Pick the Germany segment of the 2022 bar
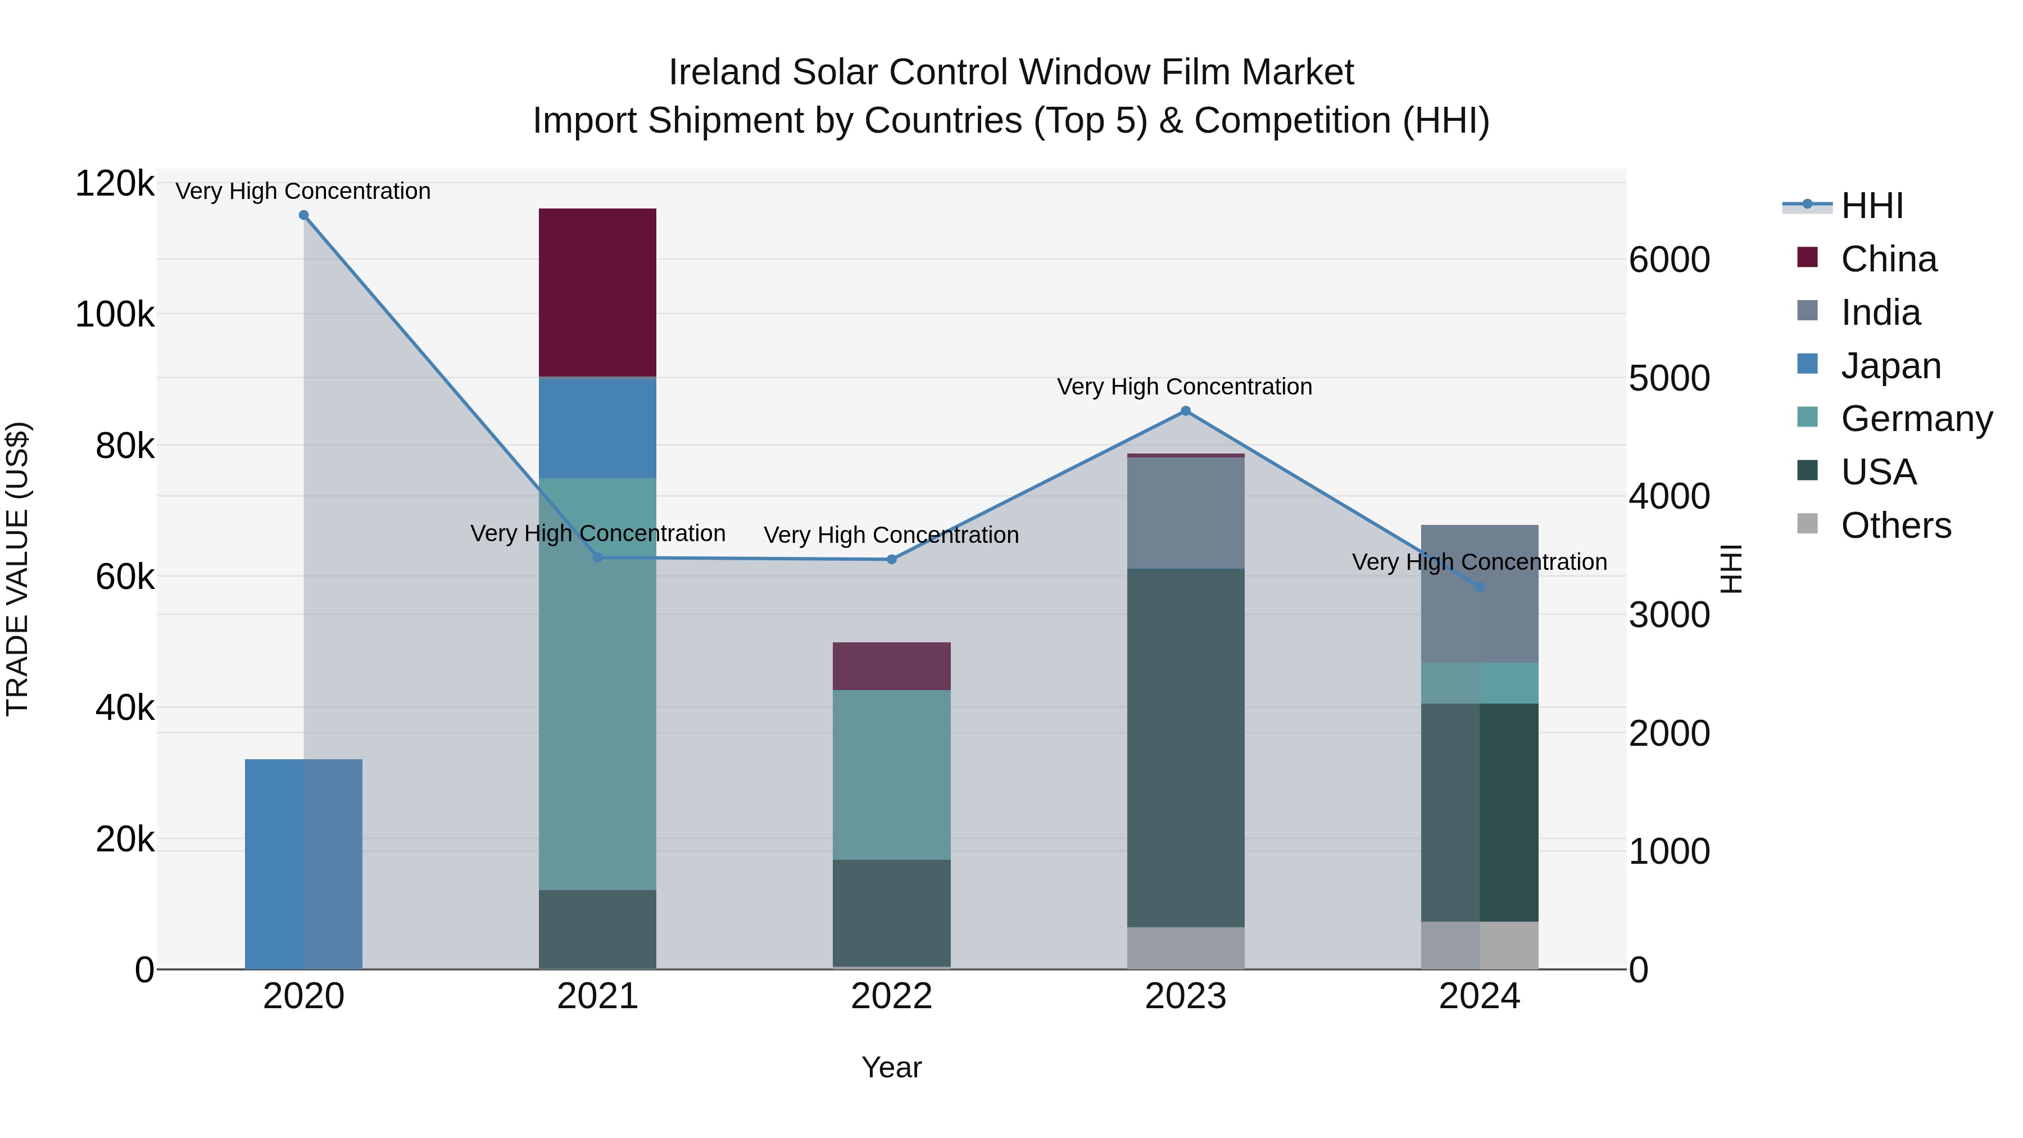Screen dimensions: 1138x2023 pyautogui.click(x=891, y=774)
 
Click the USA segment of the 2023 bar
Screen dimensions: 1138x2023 pyautogui.click(x=1185, y=747)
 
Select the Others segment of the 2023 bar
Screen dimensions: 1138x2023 pyautogui.click(x=1185, y=948)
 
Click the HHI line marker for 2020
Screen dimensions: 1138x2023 pyautogui.click(x=304, y=215)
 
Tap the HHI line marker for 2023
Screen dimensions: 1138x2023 pyautogui.click(x=1186, y=411)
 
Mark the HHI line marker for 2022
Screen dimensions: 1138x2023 pyautogui.click(x=891, y=559)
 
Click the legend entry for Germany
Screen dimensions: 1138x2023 pyautogui.click(x=1916, y=419)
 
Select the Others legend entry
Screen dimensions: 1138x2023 pyautogui.click(x=1895, y=525)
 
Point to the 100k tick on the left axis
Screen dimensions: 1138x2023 pyautogui.click(x=115, y=315)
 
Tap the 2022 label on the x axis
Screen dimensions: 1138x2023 pyautogui.click(x=891, y=996)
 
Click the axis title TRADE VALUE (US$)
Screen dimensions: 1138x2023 pyautogui.click(x=17, y=569)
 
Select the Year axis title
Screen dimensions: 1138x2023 pyautogui.click(x=891, y=1067)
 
